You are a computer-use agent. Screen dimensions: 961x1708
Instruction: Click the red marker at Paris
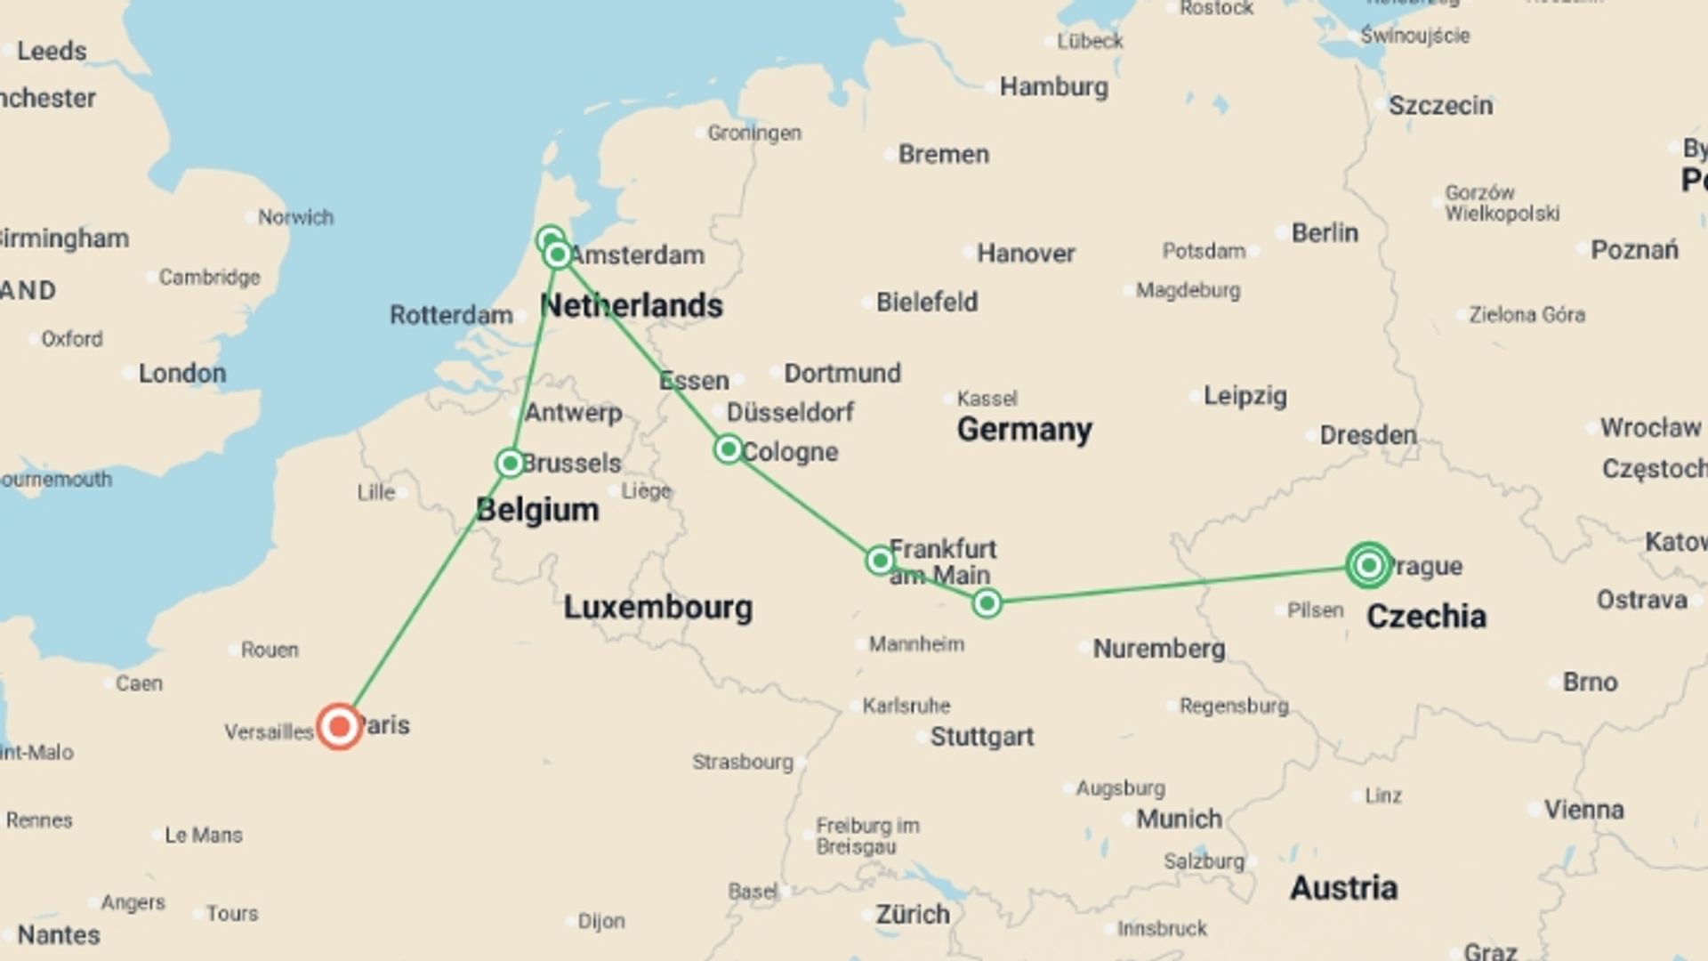point(339,727)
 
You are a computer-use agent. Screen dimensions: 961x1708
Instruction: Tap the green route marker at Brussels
point(510,463)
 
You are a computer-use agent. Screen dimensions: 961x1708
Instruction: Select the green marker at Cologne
point(729,449)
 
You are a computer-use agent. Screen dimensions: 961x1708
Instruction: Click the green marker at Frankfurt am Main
point(879,560)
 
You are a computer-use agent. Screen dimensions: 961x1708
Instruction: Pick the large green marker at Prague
point(1368,565)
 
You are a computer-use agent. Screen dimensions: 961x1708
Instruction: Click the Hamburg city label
point(1053,87)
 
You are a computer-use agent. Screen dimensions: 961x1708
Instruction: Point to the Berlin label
point(1324,233)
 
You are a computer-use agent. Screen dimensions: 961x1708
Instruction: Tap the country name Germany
point(1024,430)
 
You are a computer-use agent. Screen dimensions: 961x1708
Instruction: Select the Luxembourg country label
point(657,608)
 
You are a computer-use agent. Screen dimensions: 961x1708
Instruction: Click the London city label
point(181,373)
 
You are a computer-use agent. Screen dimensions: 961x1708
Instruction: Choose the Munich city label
point(1179,819)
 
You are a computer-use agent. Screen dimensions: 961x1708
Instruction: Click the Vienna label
point(1583,810)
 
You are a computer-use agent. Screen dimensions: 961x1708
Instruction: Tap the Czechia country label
point(1425,617)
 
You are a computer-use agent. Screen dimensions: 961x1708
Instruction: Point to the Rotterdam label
point(451,315)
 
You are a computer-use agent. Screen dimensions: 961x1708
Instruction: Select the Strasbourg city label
point(743,762)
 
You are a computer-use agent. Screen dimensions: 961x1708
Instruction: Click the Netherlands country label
point(632,306)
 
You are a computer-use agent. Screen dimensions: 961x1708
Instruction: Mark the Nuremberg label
point(1158,649)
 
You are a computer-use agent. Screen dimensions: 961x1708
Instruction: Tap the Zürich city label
point(913,915)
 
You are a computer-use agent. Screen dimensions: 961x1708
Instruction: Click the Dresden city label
point(1367,435)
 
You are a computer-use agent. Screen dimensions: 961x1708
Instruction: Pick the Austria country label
point(1343,888)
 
